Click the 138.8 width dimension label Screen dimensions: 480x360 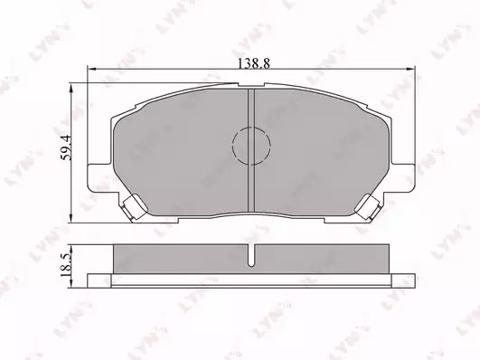point(254,63)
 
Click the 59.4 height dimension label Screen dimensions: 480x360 point(66,147)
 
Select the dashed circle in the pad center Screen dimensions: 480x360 point(251,146)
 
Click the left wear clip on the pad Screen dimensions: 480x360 point(134,207)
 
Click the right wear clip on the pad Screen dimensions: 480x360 point(368,207)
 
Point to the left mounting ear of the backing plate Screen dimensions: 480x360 point(99,178)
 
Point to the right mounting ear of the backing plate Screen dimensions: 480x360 point(402,178)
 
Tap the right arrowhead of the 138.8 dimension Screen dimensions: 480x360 point(410,70)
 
